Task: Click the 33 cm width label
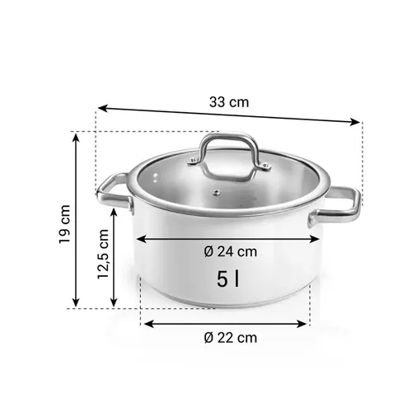pyautogui.click(x=228, y=103)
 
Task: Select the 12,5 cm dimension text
pyautogui.click(x=103, y=255)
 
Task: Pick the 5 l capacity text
pyautogui.click(x=229, y=279)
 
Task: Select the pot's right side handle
pyautogui.click(x=340, y=206)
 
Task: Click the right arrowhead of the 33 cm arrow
pyautogui.click(x=358, y=122)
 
